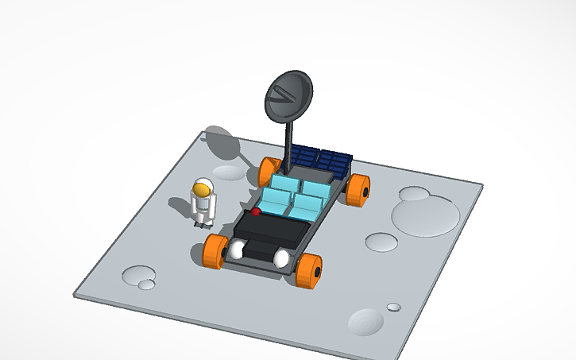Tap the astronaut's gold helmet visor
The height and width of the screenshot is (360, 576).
tap(204, 190)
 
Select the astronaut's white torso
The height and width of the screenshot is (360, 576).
tap(203, 205)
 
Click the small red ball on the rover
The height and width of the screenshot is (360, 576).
tap(257, 212)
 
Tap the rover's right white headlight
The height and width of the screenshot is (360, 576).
tap(281, 258)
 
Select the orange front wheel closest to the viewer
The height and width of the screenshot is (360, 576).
tap(308, 270)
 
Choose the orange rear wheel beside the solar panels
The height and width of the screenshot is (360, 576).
tap(358, 189)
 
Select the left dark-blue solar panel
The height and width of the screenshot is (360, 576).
tap(304, 157)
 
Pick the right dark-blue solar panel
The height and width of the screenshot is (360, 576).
tap(334, 162)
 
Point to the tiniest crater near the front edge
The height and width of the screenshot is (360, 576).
tap(393, 307)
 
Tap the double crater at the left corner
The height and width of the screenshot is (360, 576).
tap(141, 278)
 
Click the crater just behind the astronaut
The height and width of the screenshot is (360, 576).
tap(230, 172)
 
